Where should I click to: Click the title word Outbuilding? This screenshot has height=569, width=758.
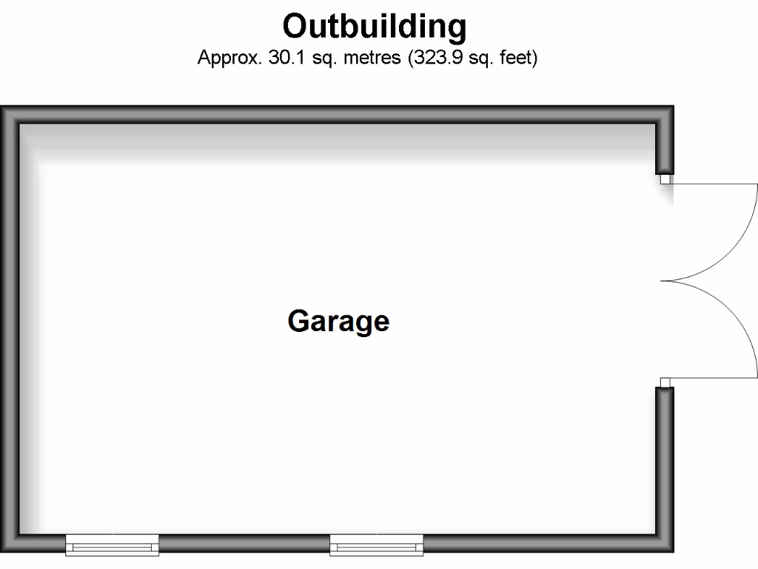tap(374, 27)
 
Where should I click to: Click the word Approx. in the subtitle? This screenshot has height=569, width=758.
tap(229, 58)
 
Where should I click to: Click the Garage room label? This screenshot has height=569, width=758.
tap(338, 322)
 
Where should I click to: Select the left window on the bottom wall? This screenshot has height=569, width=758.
tap(113, 545)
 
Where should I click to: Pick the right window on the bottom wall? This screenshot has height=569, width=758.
tap(376, 545)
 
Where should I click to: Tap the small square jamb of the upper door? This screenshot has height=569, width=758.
tap(666, 179)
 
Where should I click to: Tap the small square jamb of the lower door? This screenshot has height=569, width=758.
tap(666, 382)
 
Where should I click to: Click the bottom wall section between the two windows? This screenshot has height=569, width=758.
tap(244, 543)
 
